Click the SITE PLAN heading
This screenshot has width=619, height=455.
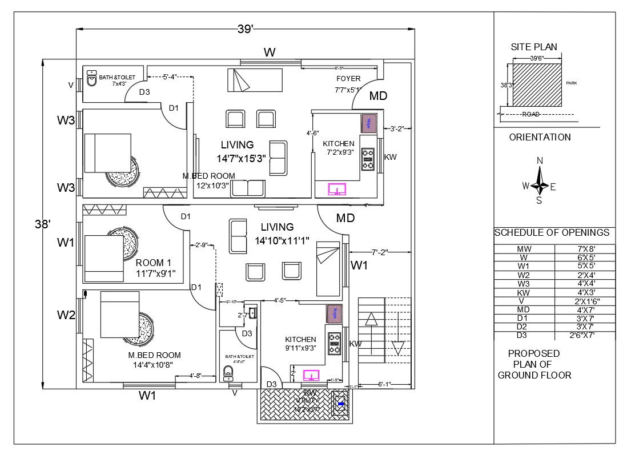(533, 47)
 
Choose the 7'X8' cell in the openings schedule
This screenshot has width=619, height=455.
(584, 249)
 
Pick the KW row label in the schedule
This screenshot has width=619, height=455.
(523, 292)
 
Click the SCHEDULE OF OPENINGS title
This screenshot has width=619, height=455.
(552, 233)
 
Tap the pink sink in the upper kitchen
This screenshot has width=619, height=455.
(337, 189)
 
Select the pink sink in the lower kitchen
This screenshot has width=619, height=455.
(311, 375)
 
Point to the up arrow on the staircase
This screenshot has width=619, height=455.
(371, 319)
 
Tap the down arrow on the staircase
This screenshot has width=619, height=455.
(398, 348)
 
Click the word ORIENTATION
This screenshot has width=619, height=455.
(540, 137)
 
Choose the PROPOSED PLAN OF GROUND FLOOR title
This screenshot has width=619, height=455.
(534, 364)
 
